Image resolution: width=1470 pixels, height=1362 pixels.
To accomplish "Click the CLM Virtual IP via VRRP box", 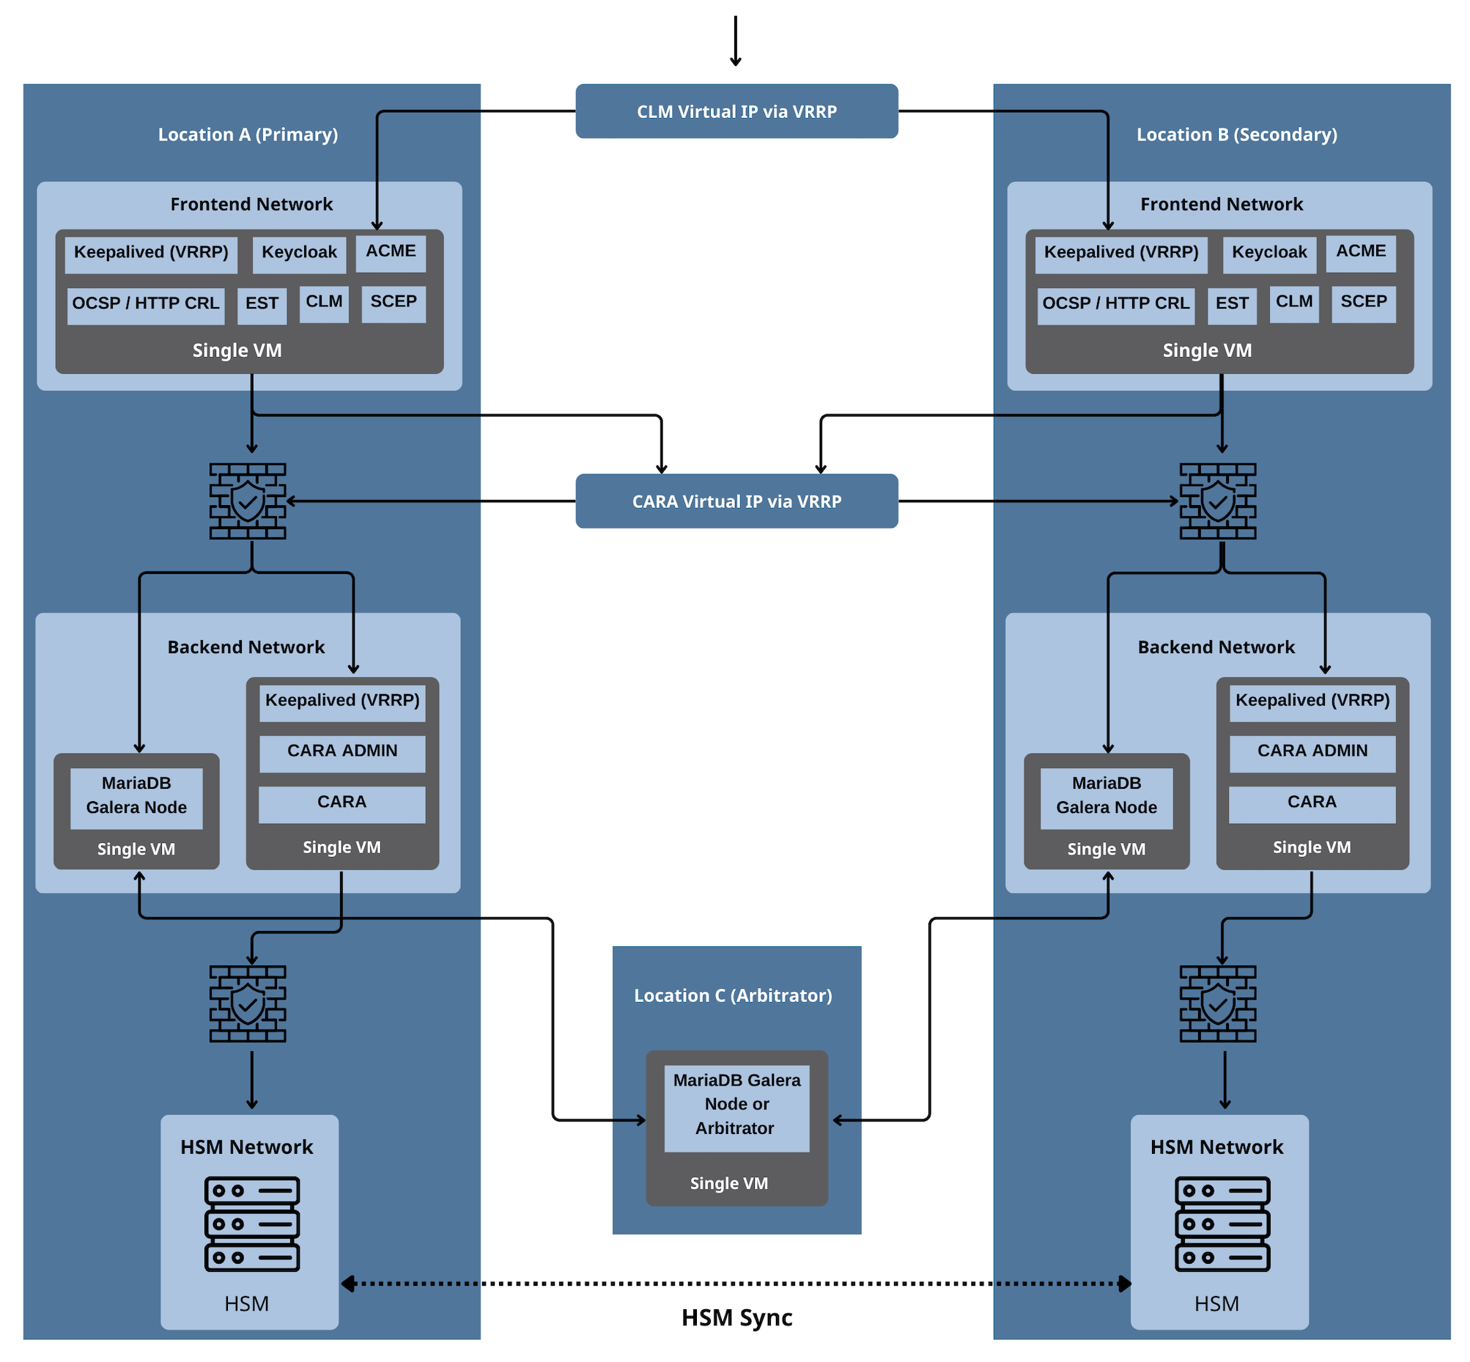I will coord(736,111).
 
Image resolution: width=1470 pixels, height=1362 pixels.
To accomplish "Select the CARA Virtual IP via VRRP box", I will coord(736,501).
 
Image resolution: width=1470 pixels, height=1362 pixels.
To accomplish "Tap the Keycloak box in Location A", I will coord(299,253).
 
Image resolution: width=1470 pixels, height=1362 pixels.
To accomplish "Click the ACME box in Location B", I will coord(1360,252).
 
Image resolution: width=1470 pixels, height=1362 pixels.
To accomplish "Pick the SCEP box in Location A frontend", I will coord(394,302).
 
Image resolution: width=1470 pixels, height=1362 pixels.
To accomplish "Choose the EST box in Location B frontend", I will coord(1231,303).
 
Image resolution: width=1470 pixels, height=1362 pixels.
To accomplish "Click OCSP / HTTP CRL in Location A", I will coord(146,303).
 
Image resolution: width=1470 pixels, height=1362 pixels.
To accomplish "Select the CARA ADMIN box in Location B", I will coord(1312,751).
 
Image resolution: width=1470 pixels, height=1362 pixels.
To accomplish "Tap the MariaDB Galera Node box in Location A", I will coord(136,796).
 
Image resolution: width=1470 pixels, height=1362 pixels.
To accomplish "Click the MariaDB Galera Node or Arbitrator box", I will coord(736,1105).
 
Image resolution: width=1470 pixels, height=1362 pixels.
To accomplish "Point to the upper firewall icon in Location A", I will coord(248,501).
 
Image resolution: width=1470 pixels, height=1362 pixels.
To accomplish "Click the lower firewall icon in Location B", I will coord(1217,1003).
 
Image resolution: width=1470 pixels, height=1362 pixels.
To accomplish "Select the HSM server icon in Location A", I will coord(252,1224).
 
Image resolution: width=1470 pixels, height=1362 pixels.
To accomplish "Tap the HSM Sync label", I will coord(736,1318).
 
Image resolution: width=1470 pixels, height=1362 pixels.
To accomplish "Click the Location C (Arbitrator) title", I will coord(732,995).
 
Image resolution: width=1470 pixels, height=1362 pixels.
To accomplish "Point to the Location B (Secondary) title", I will coord(1236,135).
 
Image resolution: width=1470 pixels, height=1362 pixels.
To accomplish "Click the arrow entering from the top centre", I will coord(736,40).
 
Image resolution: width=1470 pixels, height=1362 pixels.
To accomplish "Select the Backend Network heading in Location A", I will coord(246,647).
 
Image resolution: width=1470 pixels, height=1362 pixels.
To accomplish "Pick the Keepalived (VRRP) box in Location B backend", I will coord(1312,701).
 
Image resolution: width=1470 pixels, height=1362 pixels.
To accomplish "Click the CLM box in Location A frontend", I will coord(323,302).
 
